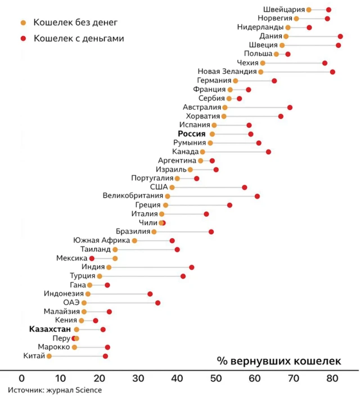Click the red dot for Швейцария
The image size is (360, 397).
[328, 10]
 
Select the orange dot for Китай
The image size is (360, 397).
[49, 356]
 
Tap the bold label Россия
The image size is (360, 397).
[192, 134]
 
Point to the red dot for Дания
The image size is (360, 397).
[340, 36]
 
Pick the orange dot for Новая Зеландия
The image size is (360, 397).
[260, 72]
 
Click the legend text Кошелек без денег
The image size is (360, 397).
[76, 23]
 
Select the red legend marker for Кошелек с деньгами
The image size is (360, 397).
[23, 38]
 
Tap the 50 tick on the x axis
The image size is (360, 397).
[215, 378]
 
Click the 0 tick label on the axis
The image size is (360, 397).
[22, 378]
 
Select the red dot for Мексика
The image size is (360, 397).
[92, 258]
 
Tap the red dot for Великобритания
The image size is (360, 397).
[257, 196]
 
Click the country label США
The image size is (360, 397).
[158, 187]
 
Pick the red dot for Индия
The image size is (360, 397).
[191, 267]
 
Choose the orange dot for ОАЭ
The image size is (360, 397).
[84, 303]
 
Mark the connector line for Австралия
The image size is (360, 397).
[257, 107]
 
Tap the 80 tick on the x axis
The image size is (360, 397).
[332, 378]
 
